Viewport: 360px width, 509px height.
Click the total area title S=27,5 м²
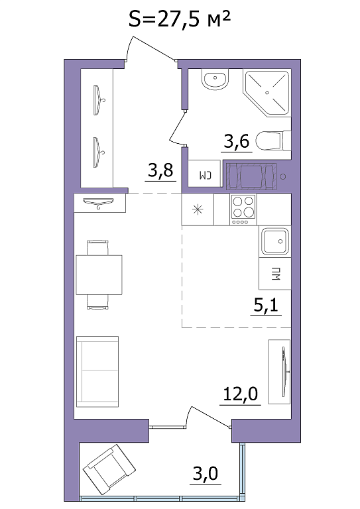(180, 20)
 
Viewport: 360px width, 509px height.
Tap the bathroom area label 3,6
(237, 141)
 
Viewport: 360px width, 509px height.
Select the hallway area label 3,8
(160, 170)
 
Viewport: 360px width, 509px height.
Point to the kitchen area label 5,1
(266, 306)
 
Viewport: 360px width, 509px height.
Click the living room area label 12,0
(241, 394)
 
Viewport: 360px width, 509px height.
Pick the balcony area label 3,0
(205, 474)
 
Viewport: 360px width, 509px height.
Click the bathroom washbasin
(214, 80)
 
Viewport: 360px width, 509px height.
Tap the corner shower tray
(267, 93)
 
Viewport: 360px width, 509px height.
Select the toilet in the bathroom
(273, 141)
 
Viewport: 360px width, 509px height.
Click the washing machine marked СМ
(205, 174)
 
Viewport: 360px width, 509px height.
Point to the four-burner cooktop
(243, 209)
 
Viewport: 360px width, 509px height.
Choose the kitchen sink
(275, 241)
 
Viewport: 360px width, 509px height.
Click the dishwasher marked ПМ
(275, 273)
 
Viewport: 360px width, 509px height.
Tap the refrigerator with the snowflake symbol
(198, 209)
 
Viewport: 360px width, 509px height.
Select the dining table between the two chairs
(99, 274)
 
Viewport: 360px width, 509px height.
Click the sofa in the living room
(97, 372)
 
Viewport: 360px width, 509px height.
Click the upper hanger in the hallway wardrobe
(98, 99)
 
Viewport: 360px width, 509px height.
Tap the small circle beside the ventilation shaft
(283, 176)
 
